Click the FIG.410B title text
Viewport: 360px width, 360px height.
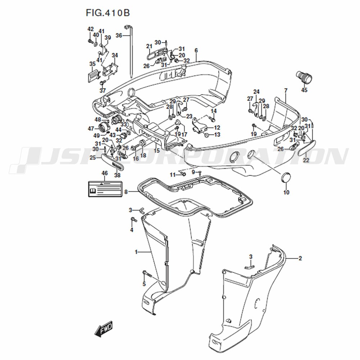pyautogui.click(x=108, y=13)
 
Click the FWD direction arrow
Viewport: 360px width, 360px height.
pyautogui.click(x=104, y=329)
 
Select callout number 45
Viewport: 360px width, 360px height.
pyautogui.click(x=304, y=90)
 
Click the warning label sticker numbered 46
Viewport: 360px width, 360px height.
pyautogui.click(x=105, y=189)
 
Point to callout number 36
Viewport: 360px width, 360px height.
pyautogui.click(x=119, y=36)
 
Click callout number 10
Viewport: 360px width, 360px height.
pyautogui.click(x=286, y=192)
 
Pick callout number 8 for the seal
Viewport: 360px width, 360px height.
pyautogui.click(x=126, y=192)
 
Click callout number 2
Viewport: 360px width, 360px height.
pyautogui.click(x=300, y=258)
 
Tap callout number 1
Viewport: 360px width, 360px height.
pyautogui.click(x=136, y=252)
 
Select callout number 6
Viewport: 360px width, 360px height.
pyautogui.click(x=196, y=51)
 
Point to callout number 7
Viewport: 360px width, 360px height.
pyautogui.click(x=286, y=91)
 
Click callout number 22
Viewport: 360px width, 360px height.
pyautogui.click(x=306, y=160)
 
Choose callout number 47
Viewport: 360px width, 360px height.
pyautogui.click(x=91, y=129)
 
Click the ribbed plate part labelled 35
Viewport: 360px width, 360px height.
pyautogui.click(x=94, y=75)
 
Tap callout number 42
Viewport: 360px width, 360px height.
pyautogui.click(x=91, y=29)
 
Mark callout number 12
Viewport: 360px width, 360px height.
pyautogui.click(x=217, y=127)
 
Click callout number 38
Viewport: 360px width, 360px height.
pyautogui.click(x=117, y=175)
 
